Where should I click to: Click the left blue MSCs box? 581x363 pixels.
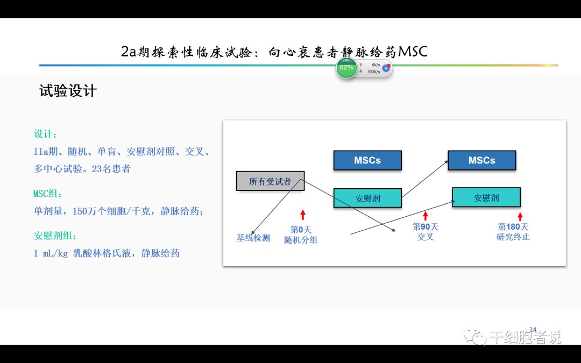point(367,160)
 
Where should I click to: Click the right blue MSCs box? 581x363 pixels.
point(481,160)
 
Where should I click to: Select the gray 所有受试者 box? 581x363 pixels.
point(270,181)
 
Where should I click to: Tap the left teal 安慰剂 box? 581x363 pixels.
point(367,198)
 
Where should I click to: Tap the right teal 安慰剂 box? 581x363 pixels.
point(486,197)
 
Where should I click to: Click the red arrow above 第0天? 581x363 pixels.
point(303,215)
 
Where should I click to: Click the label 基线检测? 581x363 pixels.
point(253,238)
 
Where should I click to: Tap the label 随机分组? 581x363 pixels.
point(301,240)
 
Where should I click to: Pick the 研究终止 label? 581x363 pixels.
point(513,237)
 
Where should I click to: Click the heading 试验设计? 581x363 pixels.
point(68,91)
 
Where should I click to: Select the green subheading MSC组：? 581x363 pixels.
point(48,194)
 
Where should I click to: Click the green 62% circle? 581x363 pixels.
point(346,68)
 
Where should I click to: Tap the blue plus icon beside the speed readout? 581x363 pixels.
point(386,68)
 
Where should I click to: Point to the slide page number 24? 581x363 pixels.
point(533,330)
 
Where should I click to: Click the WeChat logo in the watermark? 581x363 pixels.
point(477,337)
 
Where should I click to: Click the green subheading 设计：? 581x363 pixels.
point(45,134)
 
